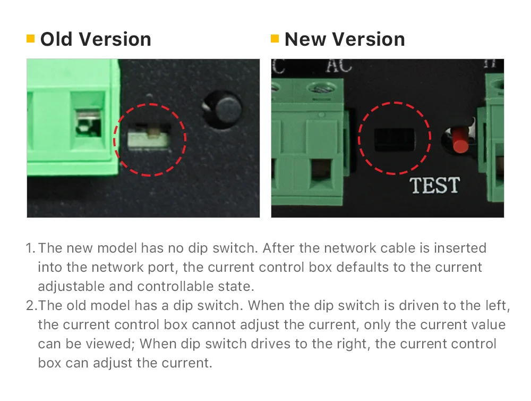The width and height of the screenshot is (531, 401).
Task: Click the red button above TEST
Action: [460, 139]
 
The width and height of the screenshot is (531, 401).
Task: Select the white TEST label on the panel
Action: [435, 185]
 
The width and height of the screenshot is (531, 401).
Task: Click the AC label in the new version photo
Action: [339, 66]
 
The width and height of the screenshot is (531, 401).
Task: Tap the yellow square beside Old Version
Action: [30, 39]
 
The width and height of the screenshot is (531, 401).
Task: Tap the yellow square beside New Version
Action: [275, 39]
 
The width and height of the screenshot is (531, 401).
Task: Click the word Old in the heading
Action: [56, 39]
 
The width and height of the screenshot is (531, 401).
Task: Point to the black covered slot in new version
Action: [394, 139]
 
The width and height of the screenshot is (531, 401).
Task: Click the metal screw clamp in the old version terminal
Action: [88, 123]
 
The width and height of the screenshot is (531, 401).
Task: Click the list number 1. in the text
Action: [31, 248]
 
